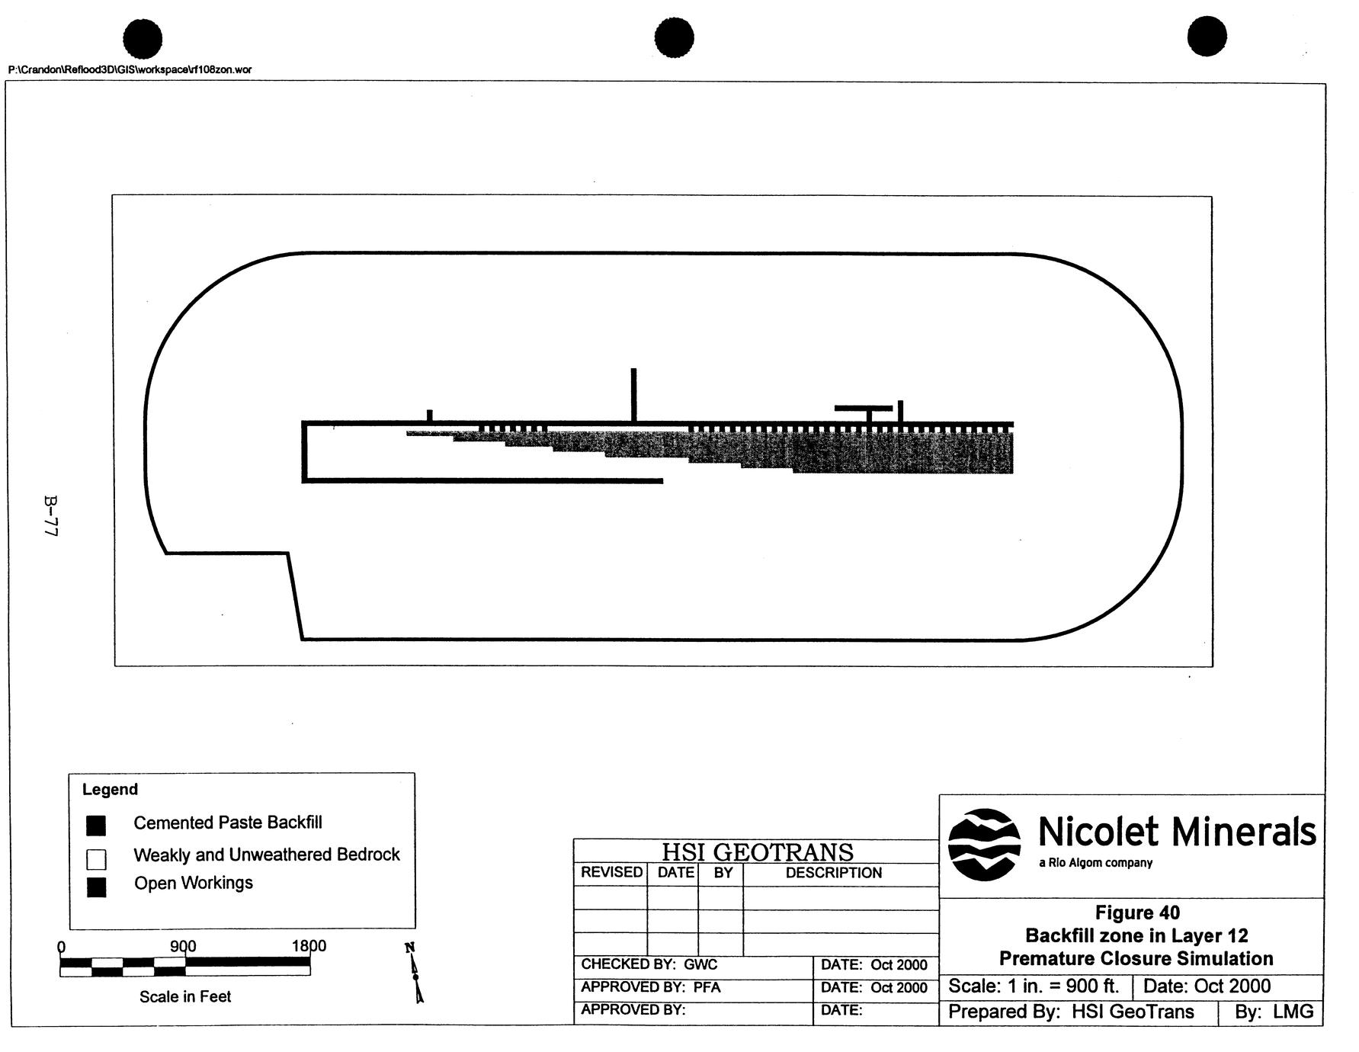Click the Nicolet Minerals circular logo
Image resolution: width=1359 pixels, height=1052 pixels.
(984, 844)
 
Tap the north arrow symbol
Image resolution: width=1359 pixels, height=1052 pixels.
(415, 973)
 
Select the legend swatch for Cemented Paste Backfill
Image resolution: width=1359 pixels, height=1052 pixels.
(96, 825)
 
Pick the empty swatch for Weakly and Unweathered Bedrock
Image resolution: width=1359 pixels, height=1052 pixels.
(96, 859)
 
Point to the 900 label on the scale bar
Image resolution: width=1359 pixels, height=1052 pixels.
(183, 946)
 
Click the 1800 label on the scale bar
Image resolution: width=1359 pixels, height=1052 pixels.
(309, 946)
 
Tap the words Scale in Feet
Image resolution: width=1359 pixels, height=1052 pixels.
(185, 996)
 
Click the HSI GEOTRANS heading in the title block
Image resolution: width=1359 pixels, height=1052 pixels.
(757, 852)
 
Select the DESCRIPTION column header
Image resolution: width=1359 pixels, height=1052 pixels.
(833, 873)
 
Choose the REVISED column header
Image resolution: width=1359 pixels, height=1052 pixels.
(611, 873)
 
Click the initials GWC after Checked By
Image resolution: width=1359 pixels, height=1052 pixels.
(700, 964)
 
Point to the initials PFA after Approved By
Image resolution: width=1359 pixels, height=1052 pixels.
(707, 987)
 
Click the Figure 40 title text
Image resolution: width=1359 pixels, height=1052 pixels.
(1137, 912)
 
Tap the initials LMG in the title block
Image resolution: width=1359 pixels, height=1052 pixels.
(1293, 1012)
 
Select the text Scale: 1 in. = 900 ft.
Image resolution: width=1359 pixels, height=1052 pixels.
(1034, 986)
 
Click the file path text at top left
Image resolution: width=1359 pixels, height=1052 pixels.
(130, 70)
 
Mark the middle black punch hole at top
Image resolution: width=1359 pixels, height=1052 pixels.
(674, 38)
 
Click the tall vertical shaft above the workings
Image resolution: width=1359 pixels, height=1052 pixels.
(633, 394)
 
